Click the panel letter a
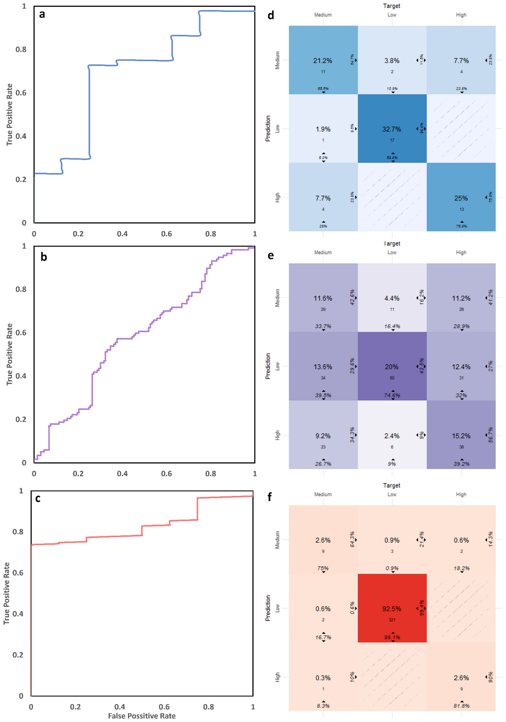pos(42,14)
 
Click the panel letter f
pos(270,497)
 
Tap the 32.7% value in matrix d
pos(392,129)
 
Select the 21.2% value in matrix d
pos(323,61)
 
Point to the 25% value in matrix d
pos(461,198)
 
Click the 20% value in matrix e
pos(392,367)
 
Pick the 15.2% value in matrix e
pos(461,436)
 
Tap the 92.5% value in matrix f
pos(392,609)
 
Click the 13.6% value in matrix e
pos(323,367)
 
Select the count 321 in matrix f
pos(392,620)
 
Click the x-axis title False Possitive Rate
pos(142,716)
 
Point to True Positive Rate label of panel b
pos(9,354)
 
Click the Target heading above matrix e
pos(392,244)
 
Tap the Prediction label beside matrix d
pos(268,128)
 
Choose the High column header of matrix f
pos(461,494)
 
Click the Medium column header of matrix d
pos(323,15)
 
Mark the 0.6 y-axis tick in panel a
pos(21,93)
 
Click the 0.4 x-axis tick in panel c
pos(120,707)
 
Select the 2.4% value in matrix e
pos(392,436)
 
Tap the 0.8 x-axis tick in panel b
pos(211,473)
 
